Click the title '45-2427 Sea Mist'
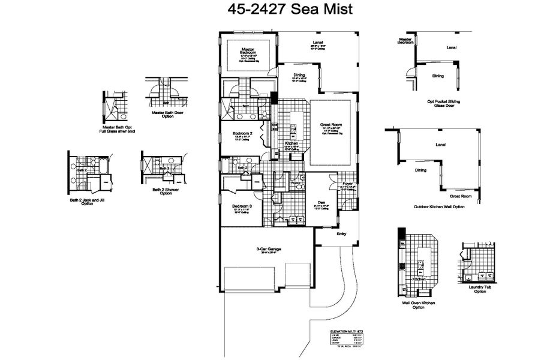point(278,10)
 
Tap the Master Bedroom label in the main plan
point(248,51)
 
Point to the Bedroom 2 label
point(242,133)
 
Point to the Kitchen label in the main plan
point(291,144)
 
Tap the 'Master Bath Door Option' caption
point(163,114)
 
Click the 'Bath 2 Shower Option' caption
point(162,191)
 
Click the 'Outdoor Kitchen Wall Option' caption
point(439,207)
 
